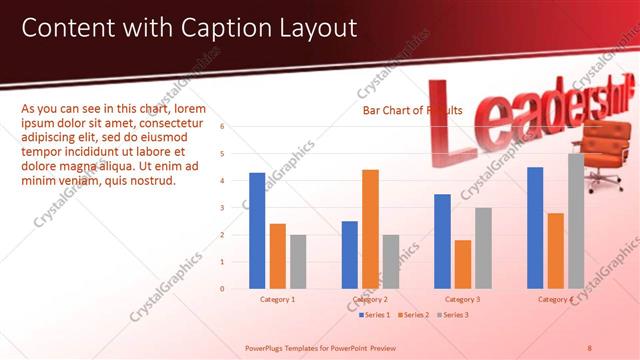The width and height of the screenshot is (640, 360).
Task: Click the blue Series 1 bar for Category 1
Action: tap(257, 230)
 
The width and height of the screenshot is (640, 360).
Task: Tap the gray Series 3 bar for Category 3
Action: tap(483, 247)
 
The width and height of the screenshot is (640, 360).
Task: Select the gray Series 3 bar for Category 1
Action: tap(298, 261)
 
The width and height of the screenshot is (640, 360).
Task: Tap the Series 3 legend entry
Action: tap(453, 315)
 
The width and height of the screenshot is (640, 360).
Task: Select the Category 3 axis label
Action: tap(463, 299)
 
